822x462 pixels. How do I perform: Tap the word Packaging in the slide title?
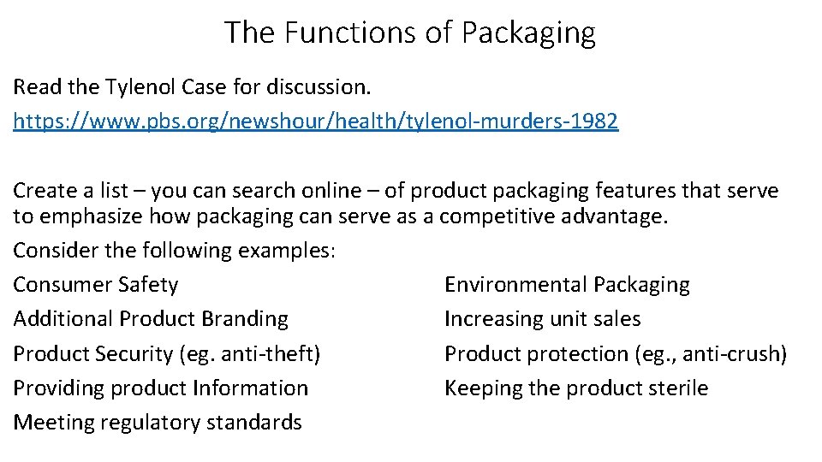click(x=528, y=33)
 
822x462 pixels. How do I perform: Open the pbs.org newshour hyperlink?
click(x=315, y=121)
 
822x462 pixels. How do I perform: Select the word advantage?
click(x=616, y=216)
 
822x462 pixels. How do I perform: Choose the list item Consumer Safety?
click(x=96, y=285)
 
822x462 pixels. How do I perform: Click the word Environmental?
click(x=515, y=285)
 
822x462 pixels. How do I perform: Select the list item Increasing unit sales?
click(x=542, y=319)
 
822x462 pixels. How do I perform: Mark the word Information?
click(x=250, y=388)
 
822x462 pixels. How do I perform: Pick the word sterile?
click(x=676, y=388)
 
